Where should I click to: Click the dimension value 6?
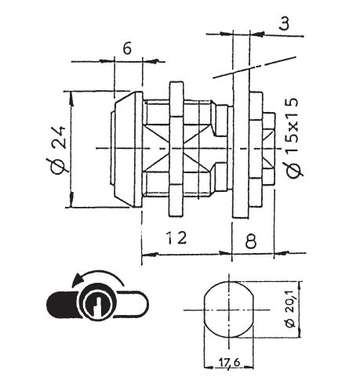pos(127,49)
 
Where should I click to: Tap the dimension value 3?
pos(284,23)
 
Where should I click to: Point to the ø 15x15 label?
pos(293,138)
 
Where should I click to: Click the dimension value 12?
pos(177,237)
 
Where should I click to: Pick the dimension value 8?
pos(251,241)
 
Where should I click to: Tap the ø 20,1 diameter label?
pos(290,309)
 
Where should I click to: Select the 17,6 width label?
pos(227,363)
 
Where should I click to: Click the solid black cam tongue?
pos(63,304)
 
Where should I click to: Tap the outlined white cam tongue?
pos(133,304)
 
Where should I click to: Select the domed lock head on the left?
pos(126,150)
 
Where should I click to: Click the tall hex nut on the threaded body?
pos(176,149)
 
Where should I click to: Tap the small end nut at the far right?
pos(269,149)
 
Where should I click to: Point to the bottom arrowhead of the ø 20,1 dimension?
pos(300,332)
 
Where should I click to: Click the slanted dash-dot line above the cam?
pos(255,67)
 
